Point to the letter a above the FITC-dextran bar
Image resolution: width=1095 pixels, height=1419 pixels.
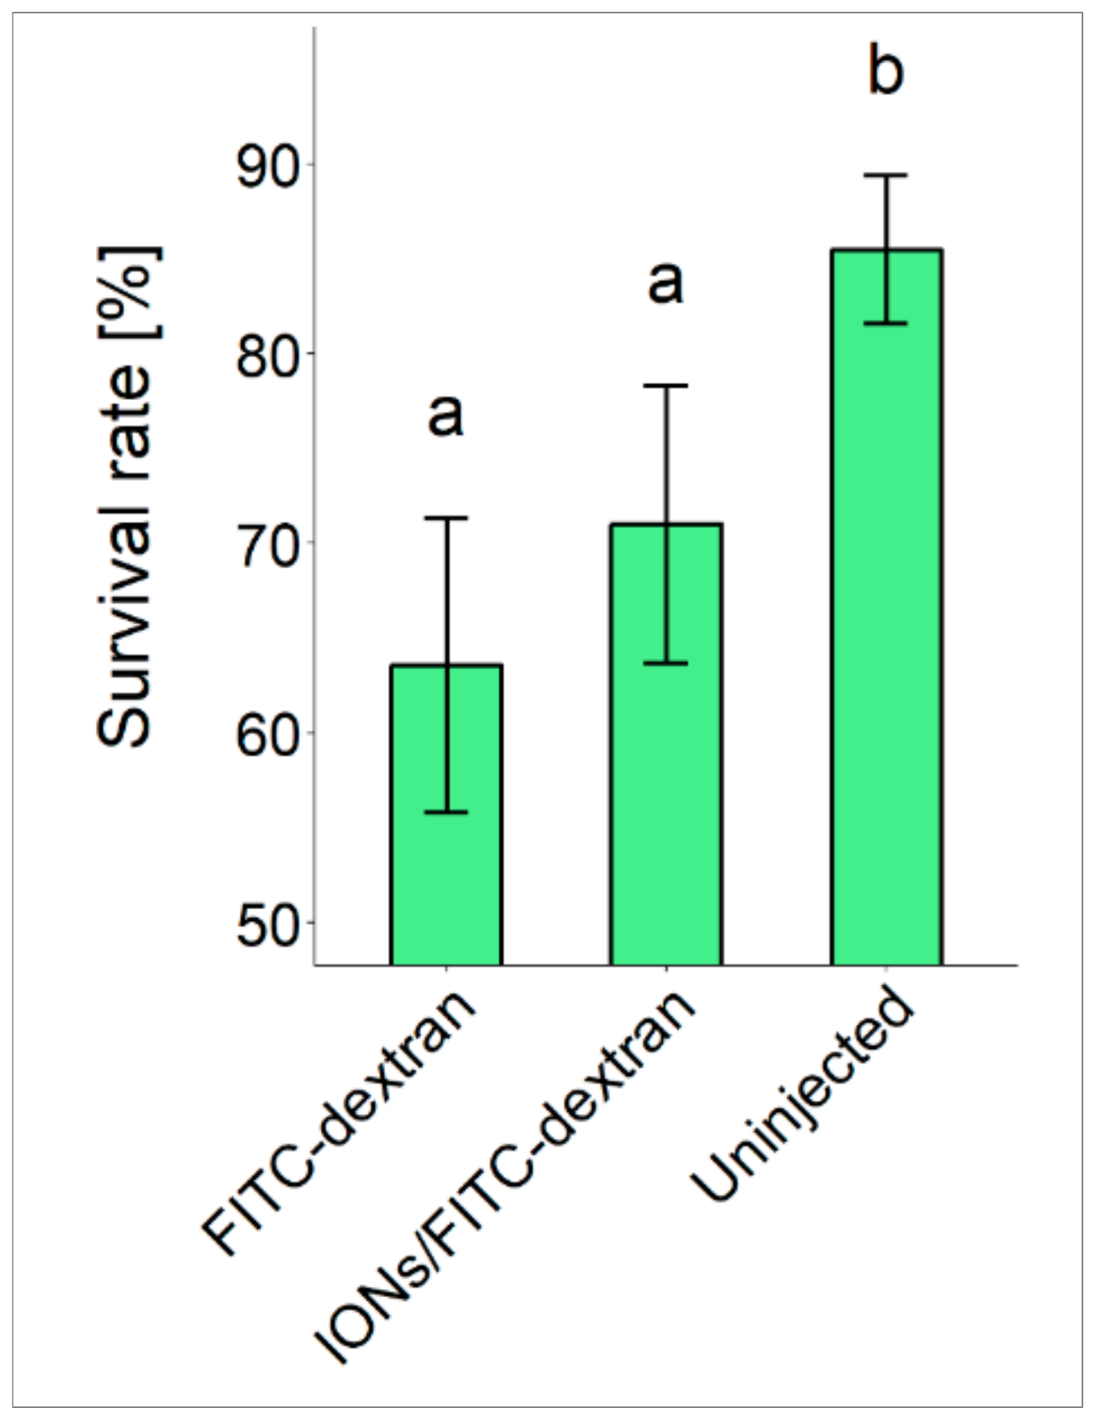(446, 414)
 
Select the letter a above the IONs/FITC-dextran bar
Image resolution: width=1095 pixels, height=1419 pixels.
(666, 283)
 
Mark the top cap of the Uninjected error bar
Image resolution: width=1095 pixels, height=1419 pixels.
(886, 175)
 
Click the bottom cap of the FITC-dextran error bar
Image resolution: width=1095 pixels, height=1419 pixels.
(446, 812)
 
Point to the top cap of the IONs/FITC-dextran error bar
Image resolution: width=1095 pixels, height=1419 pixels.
(666, 386)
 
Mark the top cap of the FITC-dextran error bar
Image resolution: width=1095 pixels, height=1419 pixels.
(446, 518)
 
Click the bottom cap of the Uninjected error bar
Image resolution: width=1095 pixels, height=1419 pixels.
(886, 323)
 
